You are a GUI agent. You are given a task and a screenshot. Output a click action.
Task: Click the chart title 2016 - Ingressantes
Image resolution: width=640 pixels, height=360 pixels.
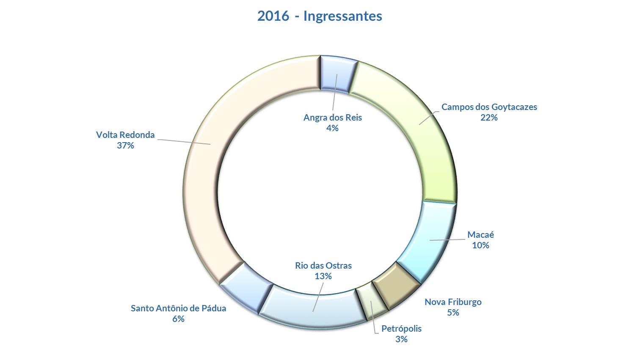pyautogui.click(x=320, y=16)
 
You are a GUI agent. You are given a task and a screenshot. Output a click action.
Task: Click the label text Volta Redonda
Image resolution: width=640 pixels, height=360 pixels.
pyautogui.click(x=125, y=135)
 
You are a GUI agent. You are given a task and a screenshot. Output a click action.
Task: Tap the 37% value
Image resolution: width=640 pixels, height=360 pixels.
pyautogui.click(x=125, y=146)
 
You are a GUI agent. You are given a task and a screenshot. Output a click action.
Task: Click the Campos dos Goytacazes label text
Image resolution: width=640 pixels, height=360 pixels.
pyautogui.click(x=489, y=107)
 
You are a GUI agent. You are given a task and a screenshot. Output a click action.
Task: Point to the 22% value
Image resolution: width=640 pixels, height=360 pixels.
pyautogui.click(x=489, y=118)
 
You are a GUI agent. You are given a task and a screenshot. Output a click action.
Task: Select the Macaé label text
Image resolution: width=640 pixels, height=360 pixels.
pyautogui.click(x=480, y=235)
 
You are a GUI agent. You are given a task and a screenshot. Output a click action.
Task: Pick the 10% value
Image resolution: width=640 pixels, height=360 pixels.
pyautogui.click(x=480, y=245)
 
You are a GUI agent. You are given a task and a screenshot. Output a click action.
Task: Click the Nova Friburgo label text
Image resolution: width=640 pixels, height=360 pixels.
pyautogui.click(x=453, y=302)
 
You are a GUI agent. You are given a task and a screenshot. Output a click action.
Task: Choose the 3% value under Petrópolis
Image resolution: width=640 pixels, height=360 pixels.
pyautogui.click(x=401, y=339)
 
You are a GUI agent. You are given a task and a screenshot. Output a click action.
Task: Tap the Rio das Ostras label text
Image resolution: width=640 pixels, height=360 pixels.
pyautogui.click(x=323, y=266)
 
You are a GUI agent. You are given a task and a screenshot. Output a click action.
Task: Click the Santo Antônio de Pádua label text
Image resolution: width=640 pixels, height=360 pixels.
pyautogui.click(x=178, y=308)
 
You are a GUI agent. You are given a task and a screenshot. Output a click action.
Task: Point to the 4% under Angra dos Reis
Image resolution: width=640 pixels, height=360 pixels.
pyautogui.click(x=332, y=128)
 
